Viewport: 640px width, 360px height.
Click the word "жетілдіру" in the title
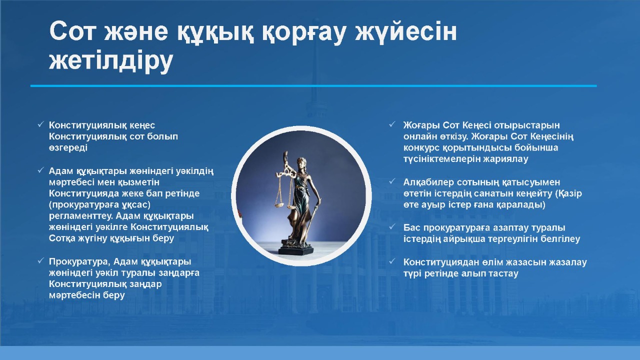coord(111,61)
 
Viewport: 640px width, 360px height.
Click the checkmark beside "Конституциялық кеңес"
coord(40,124)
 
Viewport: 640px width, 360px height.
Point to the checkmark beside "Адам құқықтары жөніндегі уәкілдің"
coord(40,170)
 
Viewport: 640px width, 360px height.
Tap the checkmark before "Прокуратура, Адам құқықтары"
coord(40,260)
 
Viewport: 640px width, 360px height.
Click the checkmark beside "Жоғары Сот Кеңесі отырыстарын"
coord(392,124)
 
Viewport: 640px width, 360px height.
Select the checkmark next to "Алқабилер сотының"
coord(392,181)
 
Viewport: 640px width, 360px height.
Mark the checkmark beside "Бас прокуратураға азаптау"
coord(392,227)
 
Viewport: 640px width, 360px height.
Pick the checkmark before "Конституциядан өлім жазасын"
coord(392,261)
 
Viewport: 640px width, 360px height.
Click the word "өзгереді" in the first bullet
coord(68,148)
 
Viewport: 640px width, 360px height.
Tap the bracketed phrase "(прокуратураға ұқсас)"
coord(99,205)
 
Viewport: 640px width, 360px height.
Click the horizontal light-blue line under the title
coord(313,85)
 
